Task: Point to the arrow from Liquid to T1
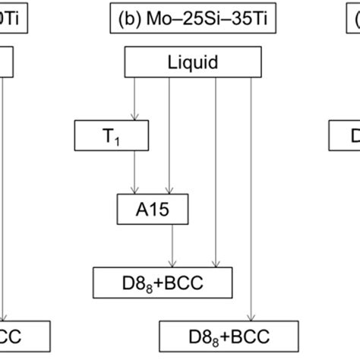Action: coord(134,99)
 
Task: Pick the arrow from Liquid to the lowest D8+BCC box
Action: coord(251,197)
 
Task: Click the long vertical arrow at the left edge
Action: coord(5,197)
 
